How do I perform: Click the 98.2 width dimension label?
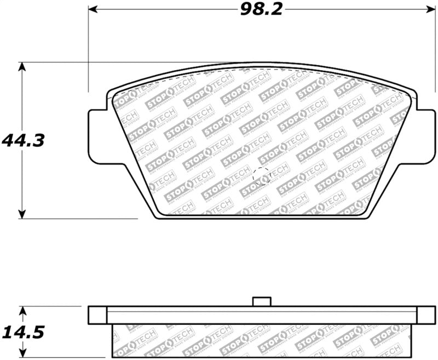[261, 9]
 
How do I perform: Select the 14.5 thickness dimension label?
[22, 332]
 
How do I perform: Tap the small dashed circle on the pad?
[262, 176]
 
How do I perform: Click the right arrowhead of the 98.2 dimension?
[430, 9]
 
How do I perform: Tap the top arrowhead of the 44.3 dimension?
[21, 66]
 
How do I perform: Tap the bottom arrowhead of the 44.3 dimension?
[21, 214]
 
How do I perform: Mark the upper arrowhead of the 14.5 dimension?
[21, 311]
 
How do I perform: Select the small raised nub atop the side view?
[262, 301]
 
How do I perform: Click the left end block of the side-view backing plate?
[97, 315]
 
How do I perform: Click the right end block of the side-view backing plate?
[426, 315]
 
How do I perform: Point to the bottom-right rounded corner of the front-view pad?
[366, 216]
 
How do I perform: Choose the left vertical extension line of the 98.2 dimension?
[88, 49]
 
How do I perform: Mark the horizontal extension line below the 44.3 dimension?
[82, 219]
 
